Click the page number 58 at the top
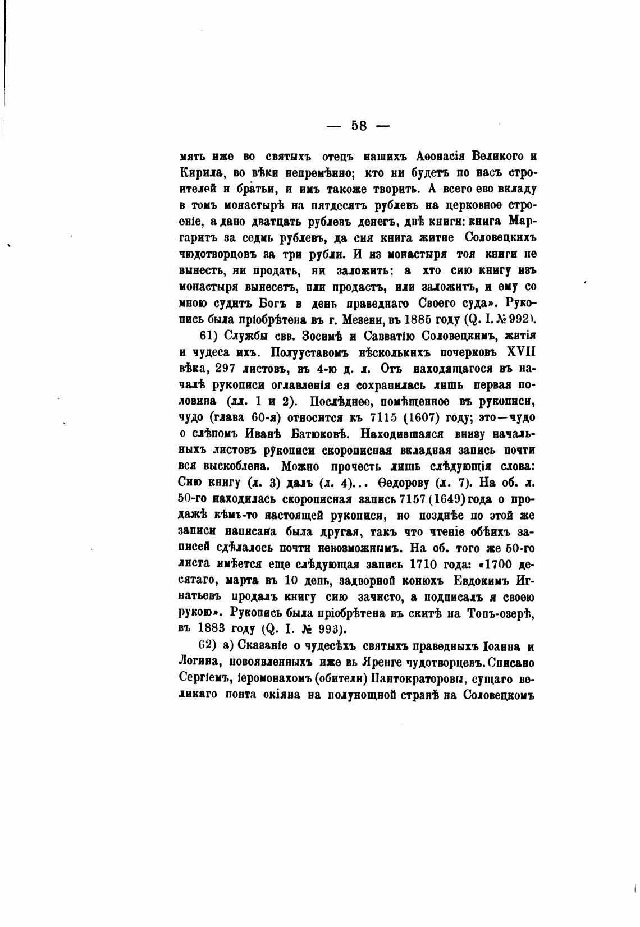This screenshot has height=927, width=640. pos(359,126)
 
